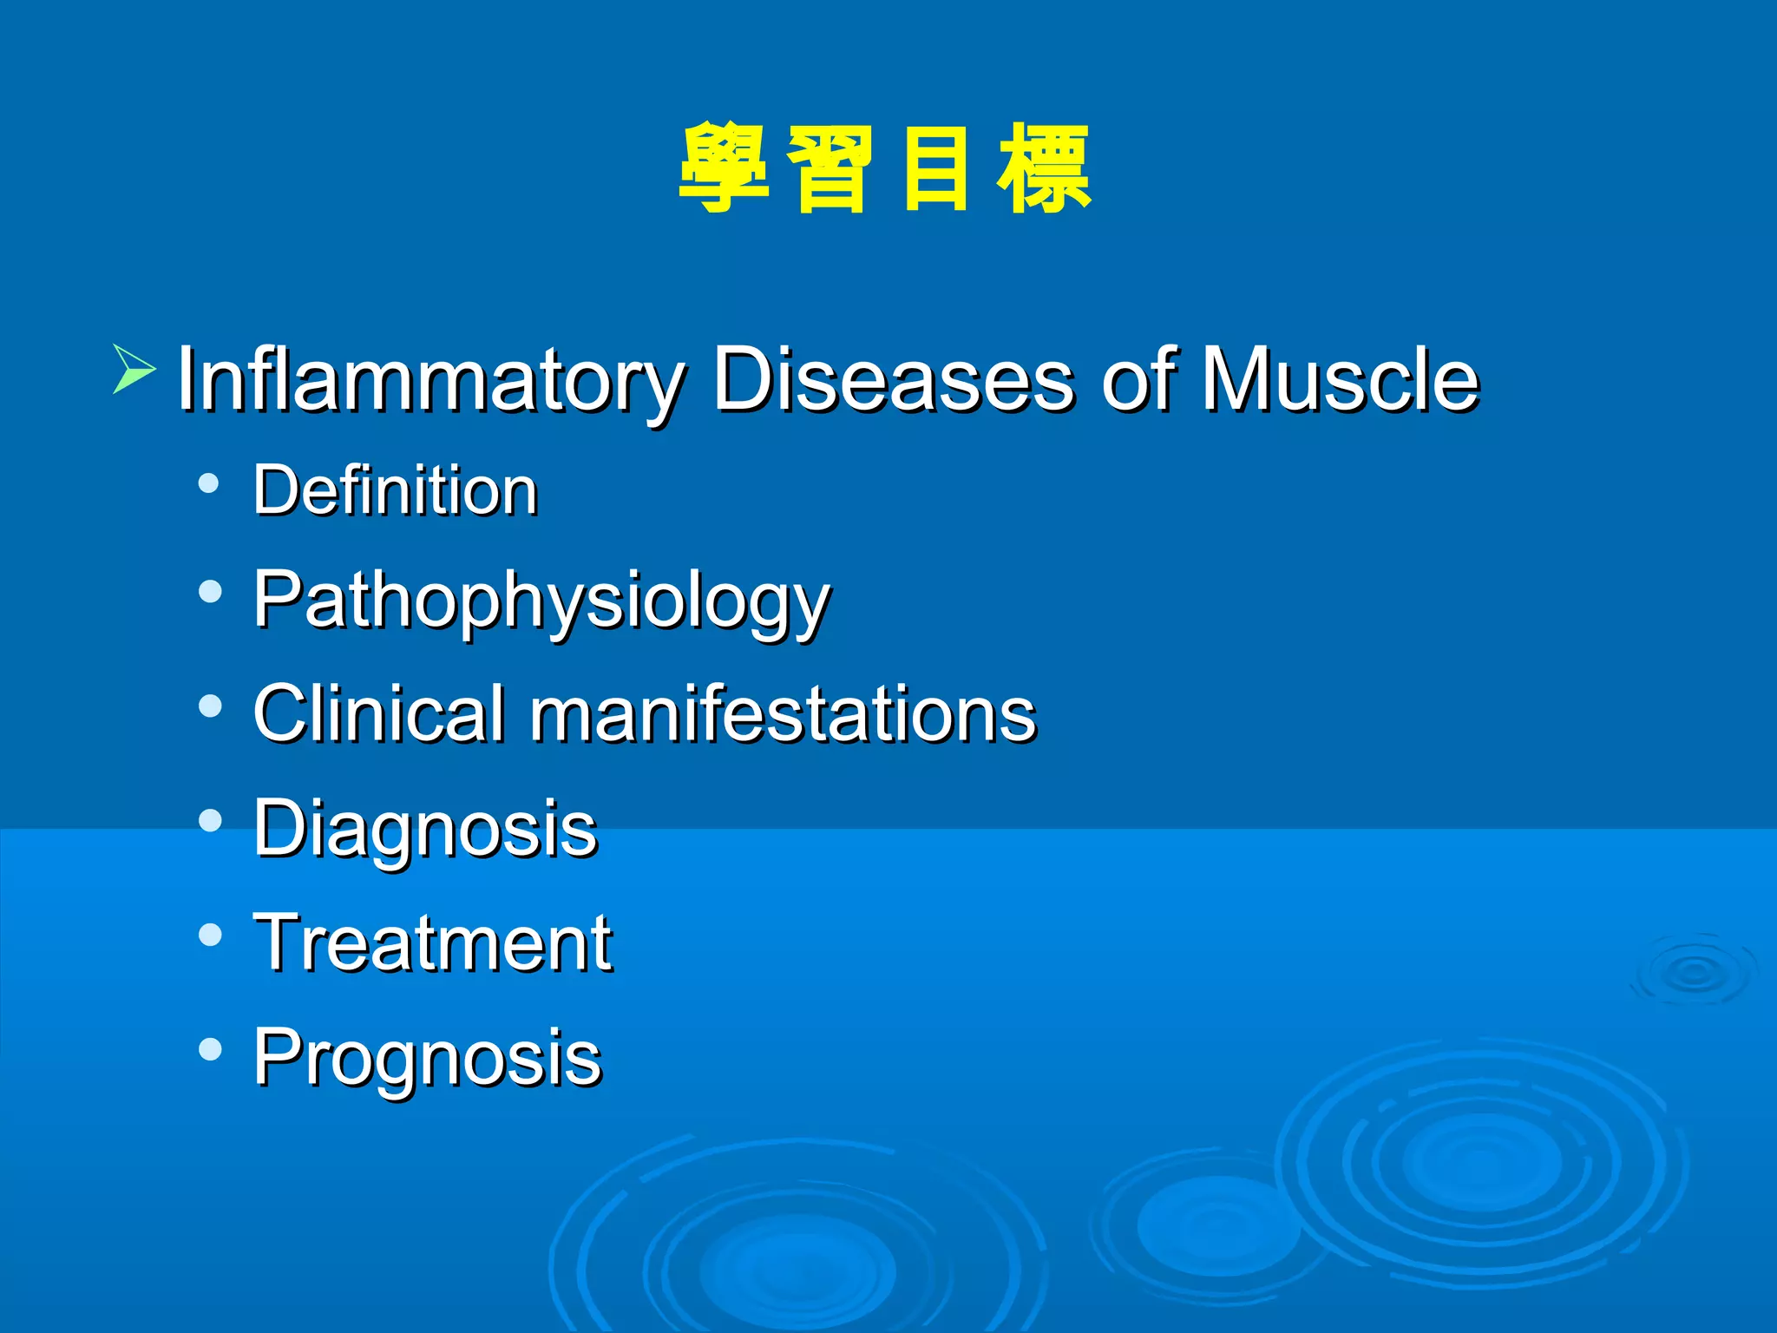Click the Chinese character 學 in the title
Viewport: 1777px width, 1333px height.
point(724,168)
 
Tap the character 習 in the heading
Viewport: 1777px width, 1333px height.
point(830,168)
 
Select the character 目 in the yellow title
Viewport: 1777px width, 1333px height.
point(935,168)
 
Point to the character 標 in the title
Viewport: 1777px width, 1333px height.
point(1044,168)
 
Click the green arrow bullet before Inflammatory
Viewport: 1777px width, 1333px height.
point(134,369)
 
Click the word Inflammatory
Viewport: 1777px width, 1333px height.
point(430,380)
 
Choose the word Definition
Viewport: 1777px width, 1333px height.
point(396,490)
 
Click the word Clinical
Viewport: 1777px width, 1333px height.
point(378,713)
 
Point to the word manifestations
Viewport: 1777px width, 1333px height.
point(783,713)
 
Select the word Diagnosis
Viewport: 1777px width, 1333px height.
point(425,830)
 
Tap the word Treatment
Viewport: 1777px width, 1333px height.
point(432,943)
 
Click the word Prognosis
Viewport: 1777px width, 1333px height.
point(427,1058)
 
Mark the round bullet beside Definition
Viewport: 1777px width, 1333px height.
point(209,483)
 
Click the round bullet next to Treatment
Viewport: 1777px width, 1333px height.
point(209,935)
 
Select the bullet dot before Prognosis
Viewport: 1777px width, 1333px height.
point(209,1049)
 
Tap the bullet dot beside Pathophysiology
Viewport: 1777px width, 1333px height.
point(209,593)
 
